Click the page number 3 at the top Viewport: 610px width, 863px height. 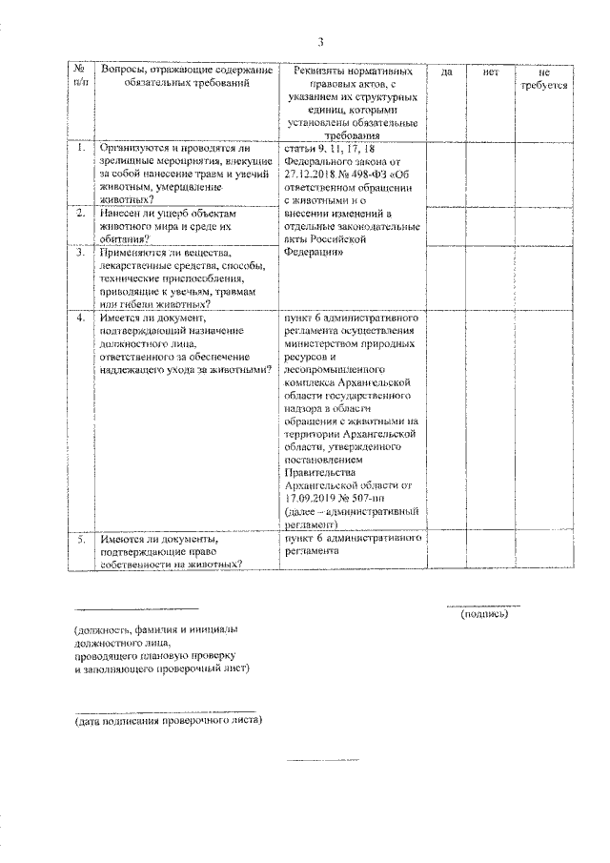[x=321, y=41]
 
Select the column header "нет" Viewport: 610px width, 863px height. [x=492, y=72]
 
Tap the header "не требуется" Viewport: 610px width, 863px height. [x=544, y=79]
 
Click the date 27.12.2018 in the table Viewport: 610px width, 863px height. [x=313, y=175]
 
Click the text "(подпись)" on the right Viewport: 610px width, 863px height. [x=484, y=614]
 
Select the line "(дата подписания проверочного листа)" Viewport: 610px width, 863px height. [x=169, y=720]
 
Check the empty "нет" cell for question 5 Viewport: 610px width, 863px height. [x=492, y=551]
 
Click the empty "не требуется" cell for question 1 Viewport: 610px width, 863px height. [x=544, y=175]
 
